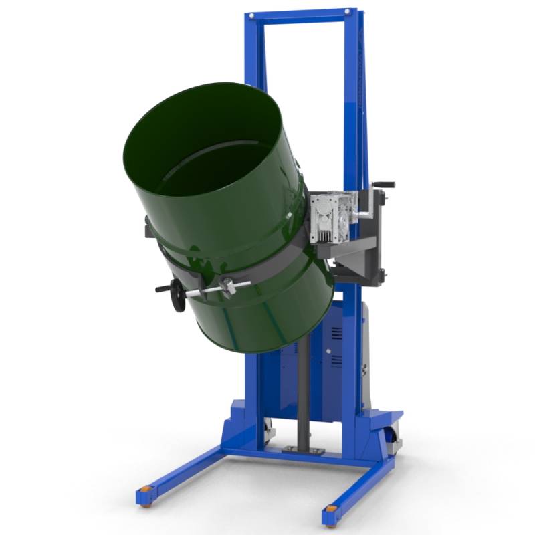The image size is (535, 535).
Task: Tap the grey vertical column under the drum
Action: [x=302, y=395]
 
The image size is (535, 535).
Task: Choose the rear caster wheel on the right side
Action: [x=395, y=441]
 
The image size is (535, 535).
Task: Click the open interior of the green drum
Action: [x=207, y=147]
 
